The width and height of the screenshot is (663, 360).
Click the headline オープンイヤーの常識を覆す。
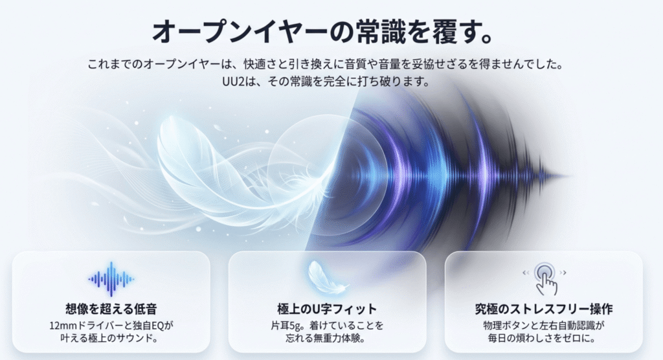(322, 32)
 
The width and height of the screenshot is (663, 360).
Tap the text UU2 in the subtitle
(233, 81)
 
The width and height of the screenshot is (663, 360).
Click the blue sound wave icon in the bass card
(111, 279)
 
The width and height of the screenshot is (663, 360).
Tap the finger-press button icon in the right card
(545, 278)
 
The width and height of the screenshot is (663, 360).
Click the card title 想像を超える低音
(111, 309)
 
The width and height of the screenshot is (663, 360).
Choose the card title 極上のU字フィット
(327, 309)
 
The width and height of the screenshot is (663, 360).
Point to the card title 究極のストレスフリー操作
(544, 309)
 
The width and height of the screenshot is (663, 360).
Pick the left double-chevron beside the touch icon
(526, 273)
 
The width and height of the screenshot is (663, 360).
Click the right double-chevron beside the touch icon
(563, 273)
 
